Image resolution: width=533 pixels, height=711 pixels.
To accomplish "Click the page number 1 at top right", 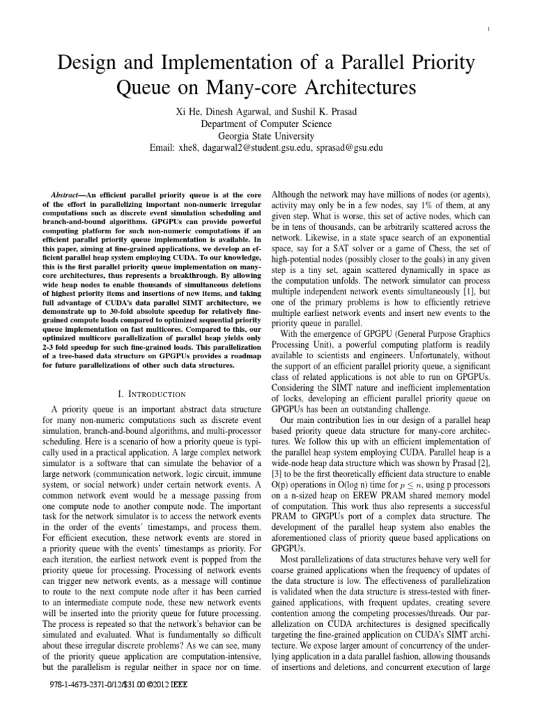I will (509, 28).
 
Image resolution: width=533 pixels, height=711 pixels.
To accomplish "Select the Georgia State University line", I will (267, 136).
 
